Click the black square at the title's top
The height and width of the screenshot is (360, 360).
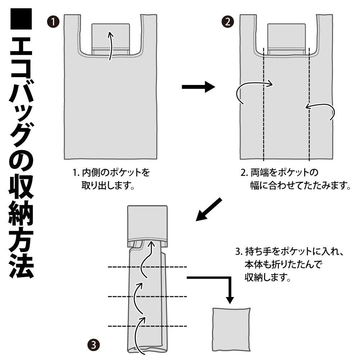pyautogui.click(x=21, y=19)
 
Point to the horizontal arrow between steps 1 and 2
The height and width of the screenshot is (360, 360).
pyautogui.click(x=198, y=87)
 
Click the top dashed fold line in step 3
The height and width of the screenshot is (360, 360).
pyautogui.click(x=148, y=267)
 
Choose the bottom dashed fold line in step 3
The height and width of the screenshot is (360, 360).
pyautogui.click(x=148, y=326)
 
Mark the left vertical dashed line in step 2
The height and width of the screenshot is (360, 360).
pyautogui.click(x=264, y=104)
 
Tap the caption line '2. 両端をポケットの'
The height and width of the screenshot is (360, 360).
pyautogui.click(x=280, y=172)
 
